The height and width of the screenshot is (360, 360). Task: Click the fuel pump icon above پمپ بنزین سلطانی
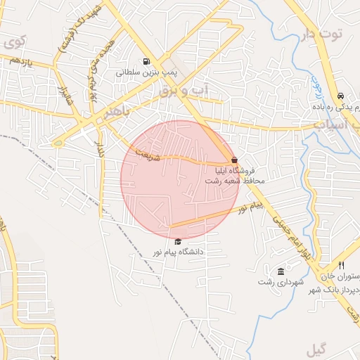(146, 61)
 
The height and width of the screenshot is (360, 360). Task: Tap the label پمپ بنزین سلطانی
(145, 72)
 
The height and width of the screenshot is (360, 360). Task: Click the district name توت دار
(325, 34)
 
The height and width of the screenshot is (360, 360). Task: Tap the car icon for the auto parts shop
(340, 96)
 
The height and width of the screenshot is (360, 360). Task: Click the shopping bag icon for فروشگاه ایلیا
(234, 160)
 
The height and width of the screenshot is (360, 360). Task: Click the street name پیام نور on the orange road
(250, 207)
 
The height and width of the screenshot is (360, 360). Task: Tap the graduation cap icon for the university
(177, 241)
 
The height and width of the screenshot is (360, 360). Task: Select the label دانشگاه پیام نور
(178, 251)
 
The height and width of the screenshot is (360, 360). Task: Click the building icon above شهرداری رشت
(281, 271)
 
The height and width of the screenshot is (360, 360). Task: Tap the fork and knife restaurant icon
(341, 265)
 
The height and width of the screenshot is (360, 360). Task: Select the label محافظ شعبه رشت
(234, 181)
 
